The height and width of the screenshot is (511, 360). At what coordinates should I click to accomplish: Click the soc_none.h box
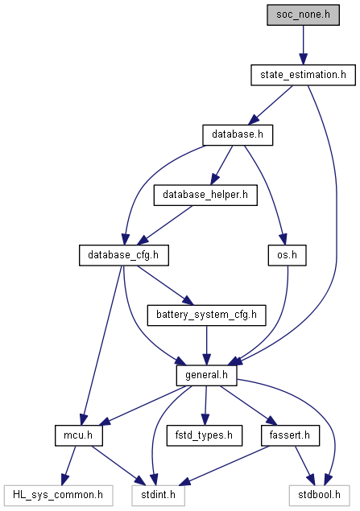tap(304, 14)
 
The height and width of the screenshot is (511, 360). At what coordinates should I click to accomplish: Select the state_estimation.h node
tap(304, 75)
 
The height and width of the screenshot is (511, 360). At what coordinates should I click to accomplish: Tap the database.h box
tap(238, 135)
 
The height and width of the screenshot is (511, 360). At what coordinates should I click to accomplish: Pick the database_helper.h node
tap(205, 195)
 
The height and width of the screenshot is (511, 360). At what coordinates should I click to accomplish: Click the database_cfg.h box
tap(124, 255)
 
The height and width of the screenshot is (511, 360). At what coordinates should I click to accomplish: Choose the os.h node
tap(288, 255)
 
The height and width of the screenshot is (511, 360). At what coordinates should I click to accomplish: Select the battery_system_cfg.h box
tap(206, 315)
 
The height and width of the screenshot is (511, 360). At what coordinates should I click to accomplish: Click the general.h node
tap(206, 376)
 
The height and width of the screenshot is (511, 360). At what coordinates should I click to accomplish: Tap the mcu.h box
tap(79, 435)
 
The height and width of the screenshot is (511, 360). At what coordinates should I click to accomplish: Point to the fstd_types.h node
tap(204, 435)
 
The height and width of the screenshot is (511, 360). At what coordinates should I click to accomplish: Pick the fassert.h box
tap(290, 435)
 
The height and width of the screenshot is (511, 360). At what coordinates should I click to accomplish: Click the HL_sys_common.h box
tap(59, 496)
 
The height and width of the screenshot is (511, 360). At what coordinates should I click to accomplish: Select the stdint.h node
tap(159, 496)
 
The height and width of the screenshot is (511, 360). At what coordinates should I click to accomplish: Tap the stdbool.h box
tap(320, 496)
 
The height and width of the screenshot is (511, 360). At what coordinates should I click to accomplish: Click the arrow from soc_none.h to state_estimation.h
tap(304, 45)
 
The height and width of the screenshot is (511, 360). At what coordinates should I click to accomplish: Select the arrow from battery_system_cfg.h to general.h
tap(206, 345)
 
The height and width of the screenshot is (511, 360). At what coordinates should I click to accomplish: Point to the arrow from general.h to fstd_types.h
tap(205, 406)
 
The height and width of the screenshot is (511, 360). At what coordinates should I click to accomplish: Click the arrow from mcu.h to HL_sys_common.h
tap(69, 465)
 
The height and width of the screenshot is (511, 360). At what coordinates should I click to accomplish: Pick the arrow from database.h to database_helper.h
tap(221, 165)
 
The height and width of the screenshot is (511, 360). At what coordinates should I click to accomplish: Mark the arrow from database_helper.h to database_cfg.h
tap(164, 225)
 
